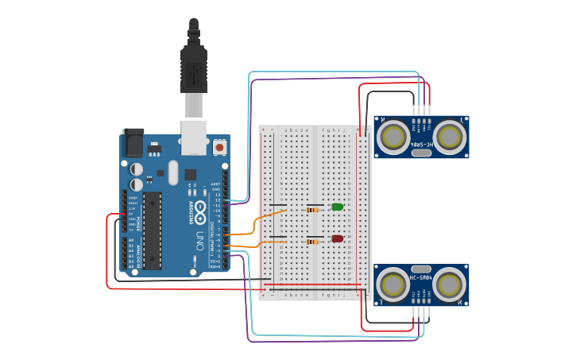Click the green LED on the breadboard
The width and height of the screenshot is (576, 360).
337,207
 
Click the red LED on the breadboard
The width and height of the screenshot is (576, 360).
337,238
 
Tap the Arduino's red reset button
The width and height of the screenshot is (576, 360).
219,147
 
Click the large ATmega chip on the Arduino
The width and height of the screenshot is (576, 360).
153,230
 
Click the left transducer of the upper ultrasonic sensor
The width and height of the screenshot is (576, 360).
393,137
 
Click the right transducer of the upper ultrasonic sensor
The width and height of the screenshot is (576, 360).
449,137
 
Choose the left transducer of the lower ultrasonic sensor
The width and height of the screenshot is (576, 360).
393,285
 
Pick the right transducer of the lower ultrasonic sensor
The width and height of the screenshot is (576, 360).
449,285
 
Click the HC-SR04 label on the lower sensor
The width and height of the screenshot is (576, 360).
421,277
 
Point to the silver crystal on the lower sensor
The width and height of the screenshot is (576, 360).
421,269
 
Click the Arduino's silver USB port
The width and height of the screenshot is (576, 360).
194,136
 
